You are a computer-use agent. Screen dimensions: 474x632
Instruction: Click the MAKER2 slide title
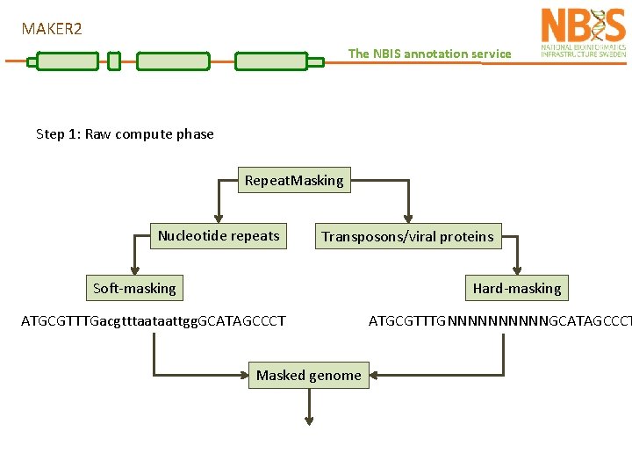[x=52, y=29]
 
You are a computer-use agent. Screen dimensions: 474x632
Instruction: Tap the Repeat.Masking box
[x=294, y=181]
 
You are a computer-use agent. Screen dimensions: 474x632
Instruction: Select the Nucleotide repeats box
[x=219, y=235]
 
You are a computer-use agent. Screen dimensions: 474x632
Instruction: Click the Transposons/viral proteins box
[x=407, y=236]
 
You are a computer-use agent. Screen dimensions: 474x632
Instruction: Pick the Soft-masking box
[x=134, y=288]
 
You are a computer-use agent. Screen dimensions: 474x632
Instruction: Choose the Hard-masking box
[x=516, y=288]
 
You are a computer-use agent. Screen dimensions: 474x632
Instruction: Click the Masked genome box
[x=308, y=376]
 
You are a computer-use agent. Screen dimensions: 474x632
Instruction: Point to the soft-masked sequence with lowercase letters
[x=154, y=321]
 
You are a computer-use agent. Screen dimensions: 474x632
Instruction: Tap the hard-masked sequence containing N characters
[x=499, y=321]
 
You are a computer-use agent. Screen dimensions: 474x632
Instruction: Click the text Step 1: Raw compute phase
[x=125, y=134]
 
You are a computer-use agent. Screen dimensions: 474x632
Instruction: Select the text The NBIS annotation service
[x=429, y=54]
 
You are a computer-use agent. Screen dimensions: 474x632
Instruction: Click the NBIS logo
[x=583, y=33]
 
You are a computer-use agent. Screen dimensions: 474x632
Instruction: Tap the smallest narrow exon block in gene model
[x=113, y=61]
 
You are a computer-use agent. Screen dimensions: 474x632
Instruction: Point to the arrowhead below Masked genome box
[x=309, y=419]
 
